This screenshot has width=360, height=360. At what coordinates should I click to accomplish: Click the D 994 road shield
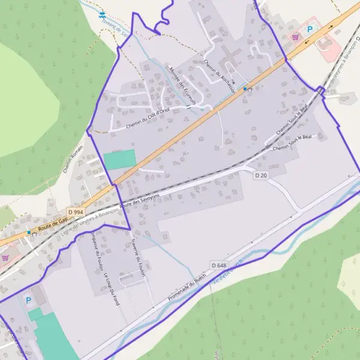[75, 212]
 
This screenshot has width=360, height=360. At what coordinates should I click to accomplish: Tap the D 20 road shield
[260, 175]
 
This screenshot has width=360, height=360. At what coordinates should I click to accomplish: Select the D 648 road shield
[218, 265]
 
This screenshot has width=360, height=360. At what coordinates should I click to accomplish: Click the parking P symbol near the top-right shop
[310, 28]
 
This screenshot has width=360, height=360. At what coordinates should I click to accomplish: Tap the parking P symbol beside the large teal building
[28, 299]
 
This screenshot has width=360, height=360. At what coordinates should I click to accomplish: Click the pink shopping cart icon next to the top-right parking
[295, 37]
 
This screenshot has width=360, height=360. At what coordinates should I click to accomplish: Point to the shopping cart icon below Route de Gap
[5, 257]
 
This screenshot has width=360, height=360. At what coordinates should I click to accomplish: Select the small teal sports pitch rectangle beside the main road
[119, 160]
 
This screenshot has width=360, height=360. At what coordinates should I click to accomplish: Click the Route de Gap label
[52, 223]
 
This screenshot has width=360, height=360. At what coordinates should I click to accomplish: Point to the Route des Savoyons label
[140, 200]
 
